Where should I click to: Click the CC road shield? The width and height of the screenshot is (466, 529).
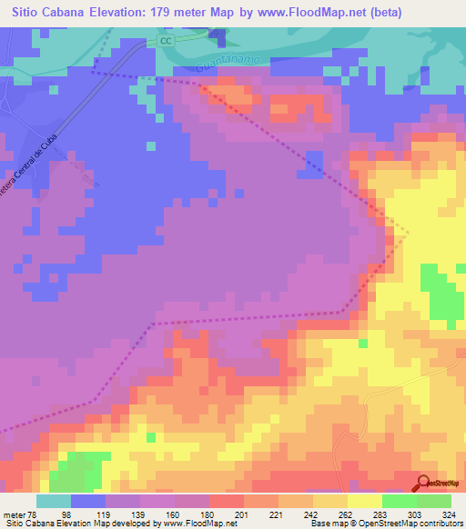pos(164,43)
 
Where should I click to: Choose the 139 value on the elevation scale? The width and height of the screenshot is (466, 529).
pos(126,514)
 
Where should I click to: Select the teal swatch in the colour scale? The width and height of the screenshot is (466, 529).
pos(53,501)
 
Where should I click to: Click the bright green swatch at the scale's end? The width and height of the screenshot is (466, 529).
pos(434,501)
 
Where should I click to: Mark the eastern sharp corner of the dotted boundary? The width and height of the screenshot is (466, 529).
pos(407,233)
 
